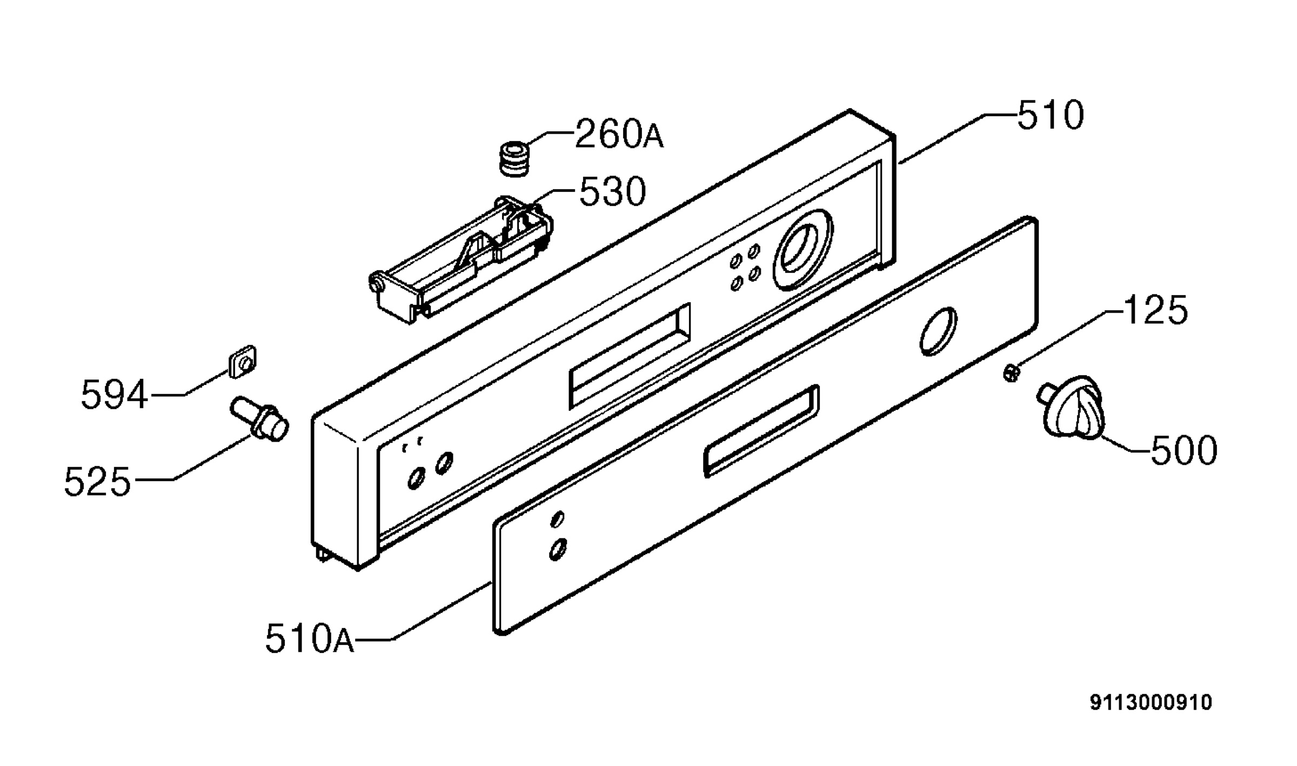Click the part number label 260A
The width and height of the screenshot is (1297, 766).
[x=619, y=134]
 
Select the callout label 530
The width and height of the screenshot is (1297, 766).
[x=612, y=191]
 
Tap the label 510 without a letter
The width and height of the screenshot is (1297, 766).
[x=1050, y=115]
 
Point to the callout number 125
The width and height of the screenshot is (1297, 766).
[x=1155, y=310]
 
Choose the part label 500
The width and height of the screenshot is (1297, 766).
[x=1184, y=451]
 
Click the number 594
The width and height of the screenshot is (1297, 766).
[x=114, y=395]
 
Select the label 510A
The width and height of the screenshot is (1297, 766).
[x=310, y=639]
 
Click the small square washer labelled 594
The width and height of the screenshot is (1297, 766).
[x=242, y=361]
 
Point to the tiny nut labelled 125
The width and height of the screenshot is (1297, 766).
[x=1011, y=373]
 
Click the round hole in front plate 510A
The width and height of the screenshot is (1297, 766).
[x=938, y=331]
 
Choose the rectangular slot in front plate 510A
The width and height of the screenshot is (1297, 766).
[x=761, y=431]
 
